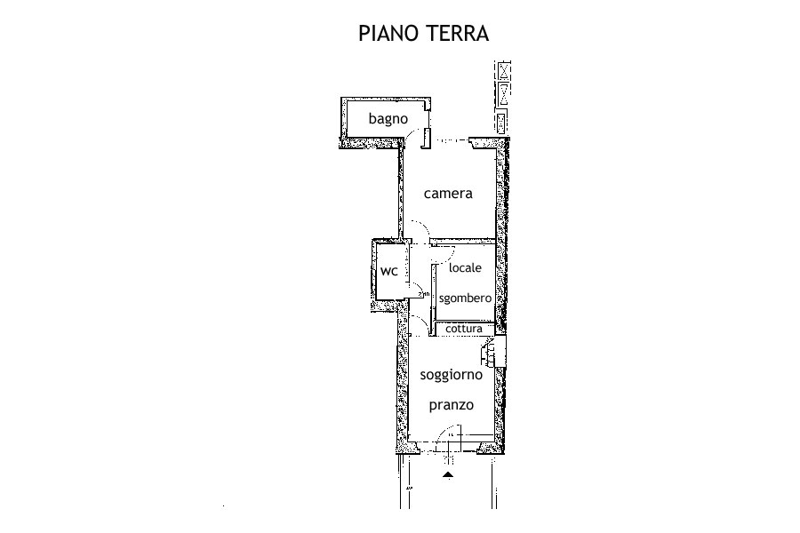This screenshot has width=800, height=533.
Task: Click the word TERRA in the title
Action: pyautogui.click(x=457, y=33)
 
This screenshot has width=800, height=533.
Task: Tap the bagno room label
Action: pyautogui.click(x=388, y=119)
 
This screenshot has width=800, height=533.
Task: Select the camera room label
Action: pyautogui.click(x=448, y=194)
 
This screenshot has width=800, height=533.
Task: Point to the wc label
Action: pyautogui.click(x=388, y=271)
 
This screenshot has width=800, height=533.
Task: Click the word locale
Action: pyautogui.click(x=465, y=267)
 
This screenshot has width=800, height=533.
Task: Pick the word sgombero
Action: pyautogui.click(x=465, y=298)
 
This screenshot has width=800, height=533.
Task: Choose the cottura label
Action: pyautogui.click(x=464, y=329)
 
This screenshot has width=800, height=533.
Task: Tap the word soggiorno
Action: pyautogui.click(x=451, y=376)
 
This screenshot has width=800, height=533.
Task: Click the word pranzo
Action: pyautogui.click(x=451, y=405)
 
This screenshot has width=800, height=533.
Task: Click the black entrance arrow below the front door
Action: pyautogui.click(x=448, y=476)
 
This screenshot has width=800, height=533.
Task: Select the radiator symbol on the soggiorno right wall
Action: pyautogui.click(x=488, y=353)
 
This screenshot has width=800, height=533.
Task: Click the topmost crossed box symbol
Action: pyautogui.click(x=504, y=70)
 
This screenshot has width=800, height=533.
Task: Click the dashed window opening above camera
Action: pyautogui.click(x=450, y=140)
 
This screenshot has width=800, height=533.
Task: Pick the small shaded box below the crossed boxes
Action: pyautogui.click(x=502, y=122)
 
